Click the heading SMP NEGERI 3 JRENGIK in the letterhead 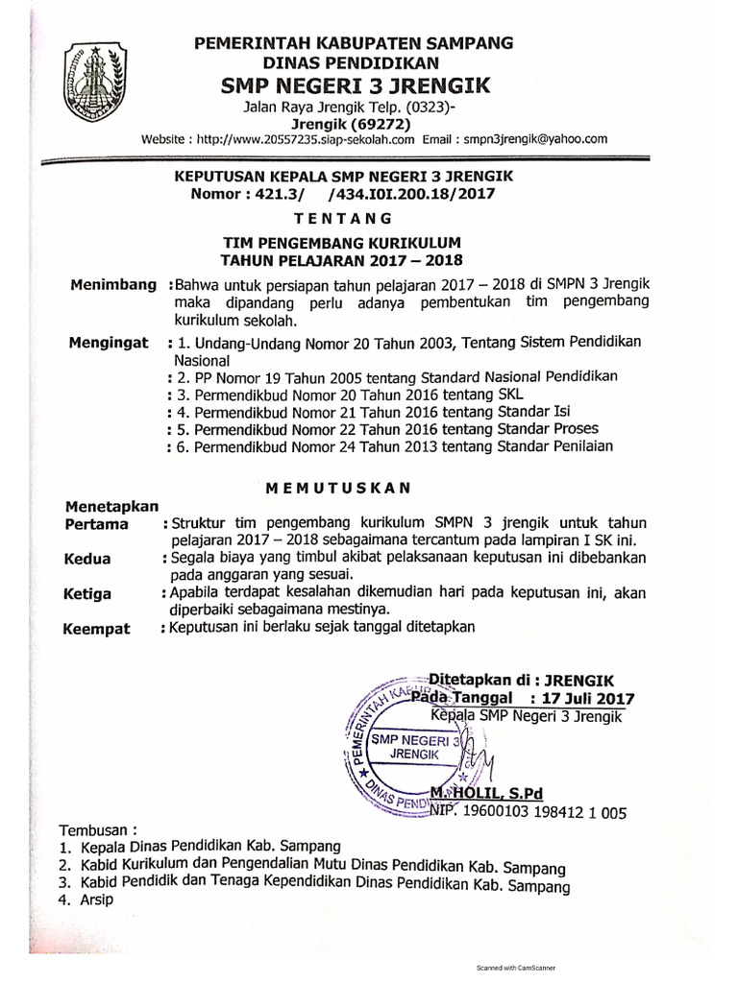point(356,86)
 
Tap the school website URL point(305,139)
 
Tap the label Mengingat point(108,343)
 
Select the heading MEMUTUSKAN point(337,488)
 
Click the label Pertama point(97,525)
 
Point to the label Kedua point(87,559)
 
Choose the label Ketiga point(88,594)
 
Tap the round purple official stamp point(408,744)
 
